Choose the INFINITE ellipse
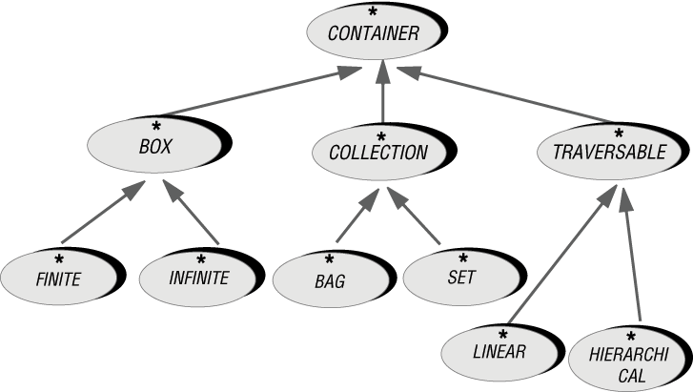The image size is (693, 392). coord(198,279)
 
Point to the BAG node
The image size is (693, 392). coord(328,281)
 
